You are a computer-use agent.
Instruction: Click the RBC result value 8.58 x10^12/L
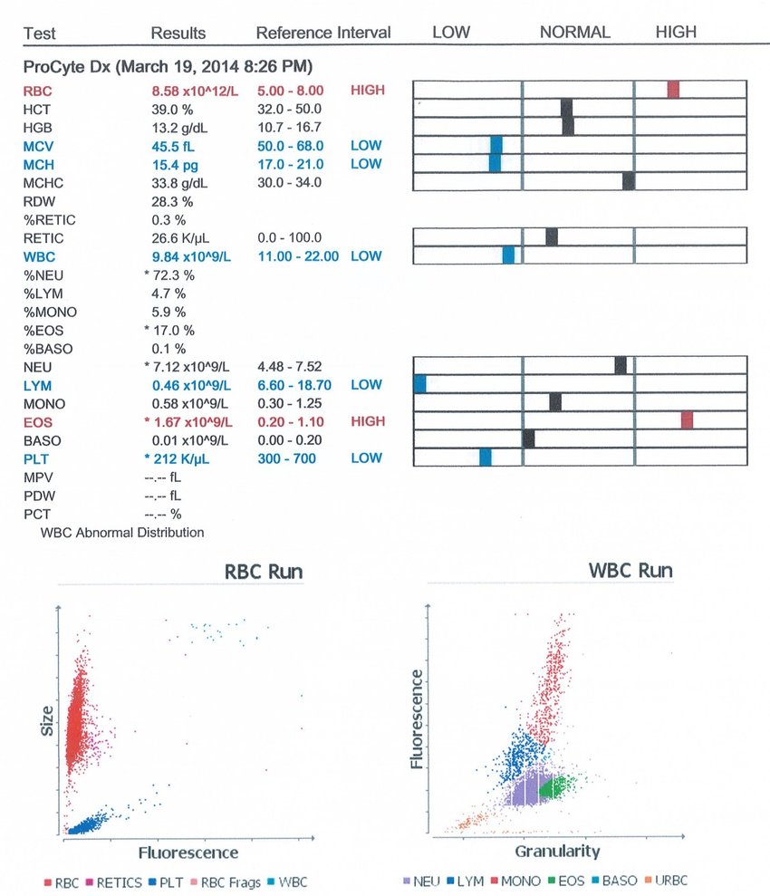pos(192,91)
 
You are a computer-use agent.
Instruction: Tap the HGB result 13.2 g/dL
pos(178,127)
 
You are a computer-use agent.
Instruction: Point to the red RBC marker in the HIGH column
pos(673,89)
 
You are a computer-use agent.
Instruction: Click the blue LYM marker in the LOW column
pos(419,384)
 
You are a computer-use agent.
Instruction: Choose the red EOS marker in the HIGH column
pos(687,419)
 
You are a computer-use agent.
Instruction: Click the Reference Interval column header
pos(323,34)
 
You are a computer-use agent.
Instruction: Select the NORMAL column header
pos(575,33)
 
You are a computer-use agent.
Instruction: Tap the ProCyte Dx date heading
pos(168,67)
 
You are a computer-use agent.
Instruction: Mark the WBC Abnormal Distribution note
pos(122,533)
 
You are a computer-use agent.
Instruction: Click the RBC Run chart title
pos(264,572)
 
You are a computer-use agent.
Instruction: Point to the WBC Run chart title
pos(630,571)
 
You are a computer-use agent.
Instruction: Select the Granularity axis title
pos(557,852)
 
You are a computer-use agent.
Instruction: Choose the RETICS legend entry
pos(114,882)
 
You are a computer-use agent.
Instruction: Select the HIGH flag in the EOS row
pos(367,421)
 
